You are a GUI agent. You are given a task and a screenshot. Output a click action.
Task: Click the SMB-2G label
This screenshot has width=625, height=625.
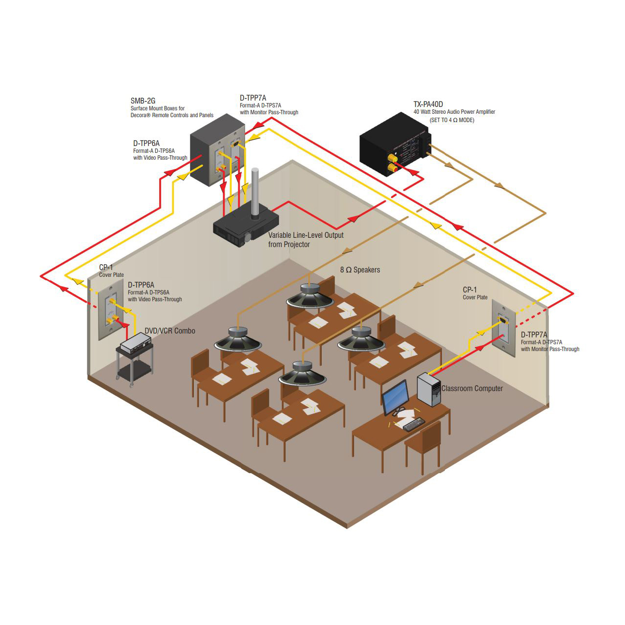(143, 101)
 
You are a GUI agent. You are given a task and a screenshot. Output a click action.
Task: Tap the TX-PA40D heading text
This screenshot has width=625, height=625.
(428, 104)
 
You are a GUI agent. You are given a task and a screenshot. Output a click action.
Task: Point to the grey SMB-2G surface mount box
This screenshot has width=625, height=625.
(217, 149)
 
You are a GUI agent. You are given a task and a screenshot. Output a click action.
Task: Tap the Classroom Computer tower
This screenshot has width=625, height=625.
(428, 389)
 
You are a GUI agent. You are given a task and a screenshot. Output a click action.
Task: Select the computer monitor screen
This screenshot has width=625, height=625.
(395, 396)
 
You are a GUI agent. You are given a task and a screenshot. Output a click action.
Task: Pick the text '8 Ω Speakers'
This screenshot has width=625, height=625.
(360, 270)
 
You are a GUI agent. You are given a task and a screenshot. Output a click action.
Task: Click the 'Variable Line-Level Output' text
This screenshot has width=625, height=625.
(306, 235)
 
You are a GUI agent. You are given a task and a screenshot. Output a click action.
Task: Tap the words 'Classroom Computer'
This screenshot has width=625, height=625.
(472, 389)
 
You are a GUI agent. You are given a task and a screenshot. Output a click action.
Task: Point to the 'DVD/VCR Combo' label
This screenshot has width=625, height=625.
(169, 331)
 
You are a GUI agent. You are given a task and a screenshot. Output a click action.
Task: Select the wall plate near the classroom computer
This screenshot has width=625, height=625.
(503, 328)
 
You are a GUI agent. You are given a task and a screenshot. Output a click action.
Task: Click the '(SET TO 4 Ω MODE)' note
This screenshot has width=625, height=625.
(452, 120)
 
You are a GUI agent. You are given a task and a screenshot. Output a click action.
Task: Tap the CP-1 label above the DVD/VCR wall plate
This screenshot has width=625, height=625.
(106, 268)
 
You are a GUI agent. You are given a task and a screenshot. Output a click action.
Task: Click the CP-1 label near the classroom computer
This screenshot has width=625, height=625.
(470, 290)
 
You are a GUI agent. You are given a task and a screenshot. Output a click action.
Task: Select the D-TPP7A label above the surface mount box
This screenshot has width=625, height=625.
(252, 98)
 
